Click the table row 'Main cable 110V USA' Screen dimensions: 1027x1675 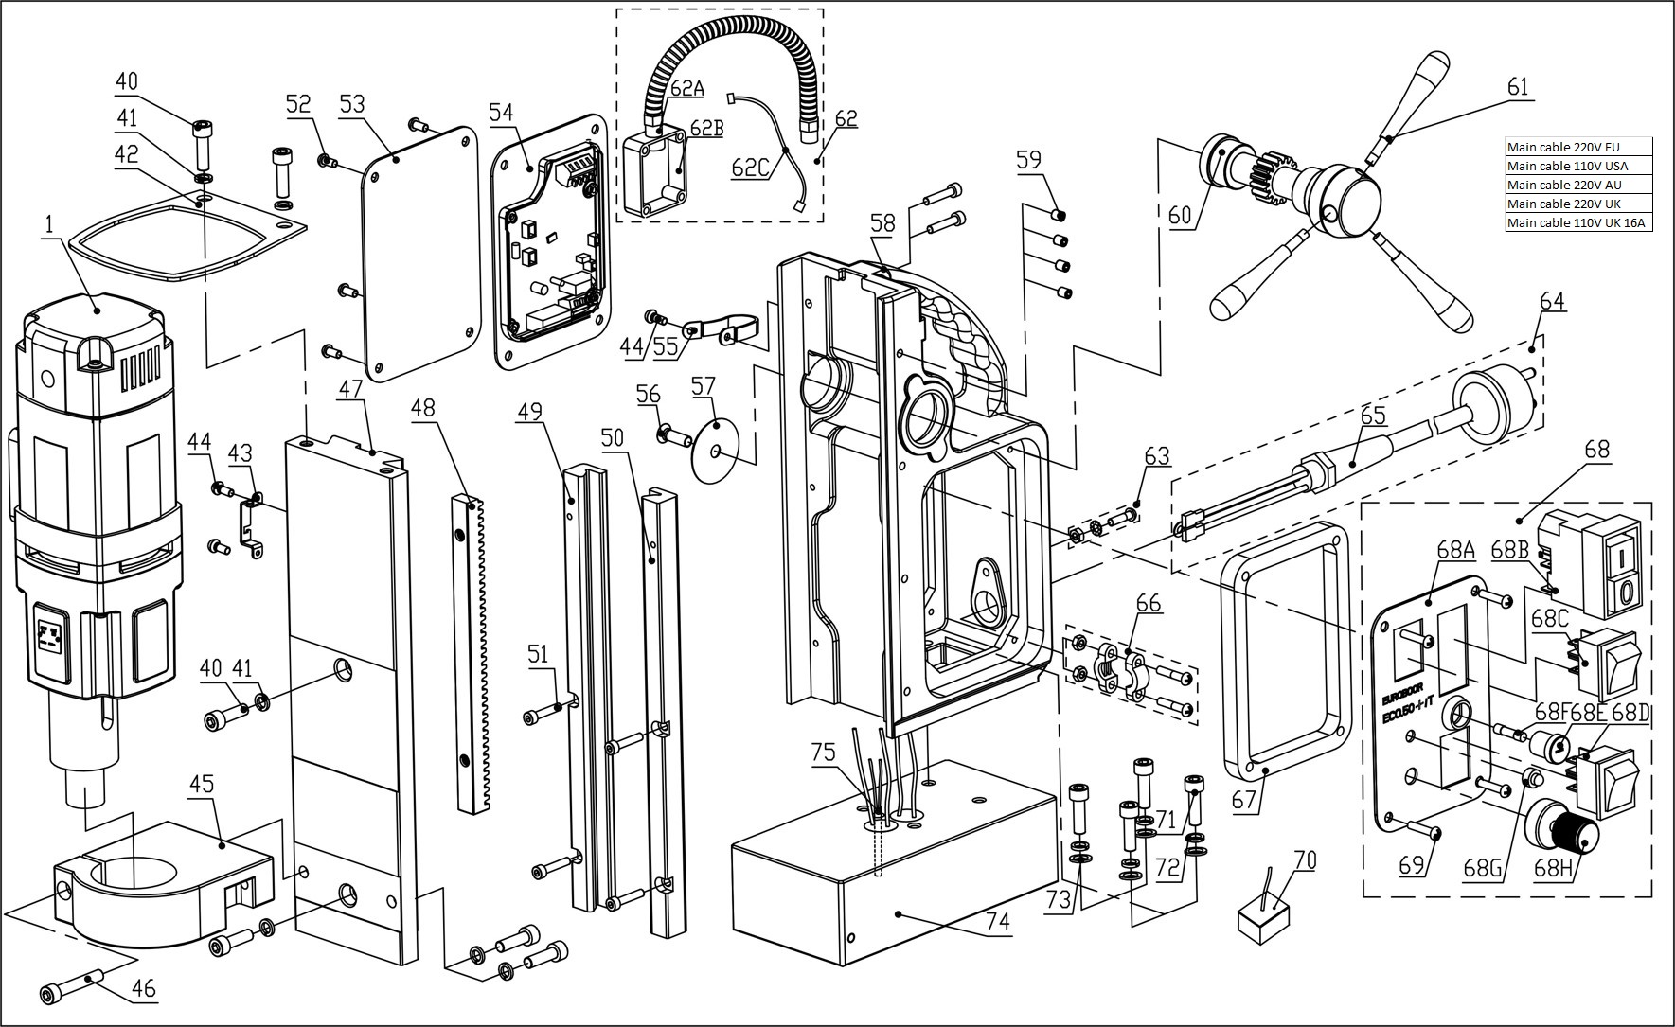(x=1577, y=167)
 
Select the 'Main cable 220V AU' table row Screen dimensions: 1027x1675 (x=1577, y=186)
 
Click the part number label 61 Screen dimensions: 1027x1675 (x=1517, y=87)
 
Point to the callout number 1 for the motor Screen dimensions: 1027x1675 (x=47, y=224)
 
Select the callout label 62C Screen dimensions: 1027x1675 (x=750, y=167)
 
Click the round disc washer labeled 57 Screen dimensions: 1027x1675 (x=718, y=450)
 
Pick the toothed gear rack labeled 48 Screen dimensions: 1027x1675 (x=472, y=653)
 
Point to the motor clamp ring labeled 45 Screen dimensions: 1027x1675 (x=151, y=880)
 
